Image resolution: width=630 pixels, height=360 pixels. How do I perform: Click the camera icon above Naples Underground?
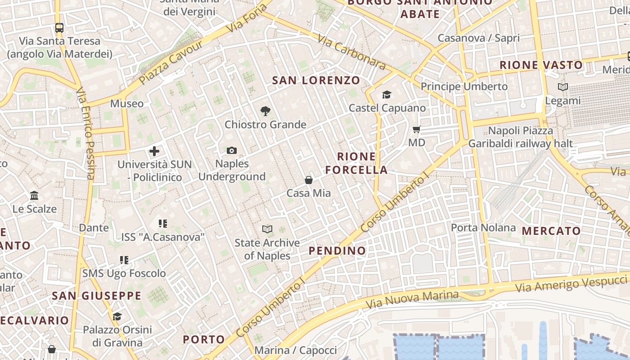232,151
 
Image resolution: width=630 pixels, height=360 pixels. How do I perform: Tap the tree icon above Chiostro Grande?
265,111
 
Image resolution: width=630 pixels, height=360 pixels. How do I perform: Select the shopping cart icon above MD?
417,130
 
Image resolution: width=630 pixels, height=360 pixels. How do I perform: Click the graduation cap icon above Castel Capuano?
387,94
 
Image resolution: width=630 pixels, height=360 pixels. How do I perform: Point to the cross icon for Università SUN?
154,151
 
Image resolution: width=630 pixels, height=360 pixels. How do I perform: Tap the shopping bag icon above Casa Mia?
309,180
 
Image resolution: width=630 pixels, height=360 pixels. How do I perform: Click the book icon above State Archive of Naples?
267,229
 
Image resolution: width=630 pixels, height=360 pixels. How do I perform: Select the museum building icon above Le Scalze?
34,196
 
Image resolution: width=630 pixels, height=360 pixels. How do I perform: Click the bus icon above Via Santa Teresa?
59,28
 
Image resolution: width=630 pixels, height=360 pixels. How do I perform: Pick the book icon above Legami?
562,87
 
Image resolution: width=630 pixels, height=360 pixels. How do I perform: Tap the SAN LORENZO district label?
316,81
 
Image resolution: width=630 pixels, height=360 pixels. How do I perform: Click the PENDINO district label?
337,251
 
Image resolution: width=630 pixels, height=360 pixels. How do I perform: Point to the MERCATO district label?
551,231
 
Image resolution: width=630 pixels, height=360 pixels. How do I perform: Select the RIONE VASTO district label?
541,65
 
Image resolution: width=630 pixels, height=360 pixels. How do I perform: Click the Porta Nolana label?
483,228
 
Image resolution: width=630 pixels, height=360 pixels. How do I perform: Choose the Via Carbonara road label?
351,52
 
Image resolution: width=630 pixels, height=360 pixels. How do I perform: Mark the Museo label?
127,103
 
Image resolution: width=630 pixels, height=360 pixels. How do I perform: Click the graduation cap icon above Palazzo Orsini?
117,316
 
